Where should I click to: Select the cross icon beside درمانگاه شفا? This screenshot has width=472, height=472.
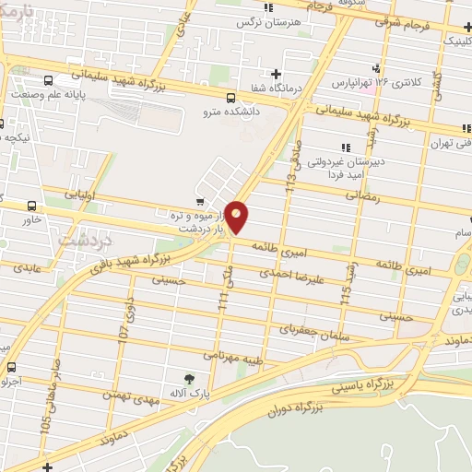(277, 74)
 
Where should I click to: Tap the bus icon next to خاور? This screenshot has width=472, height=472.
(34, 206)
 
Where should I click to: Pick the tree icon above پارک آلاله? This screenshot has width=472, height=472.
(190, 378)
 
